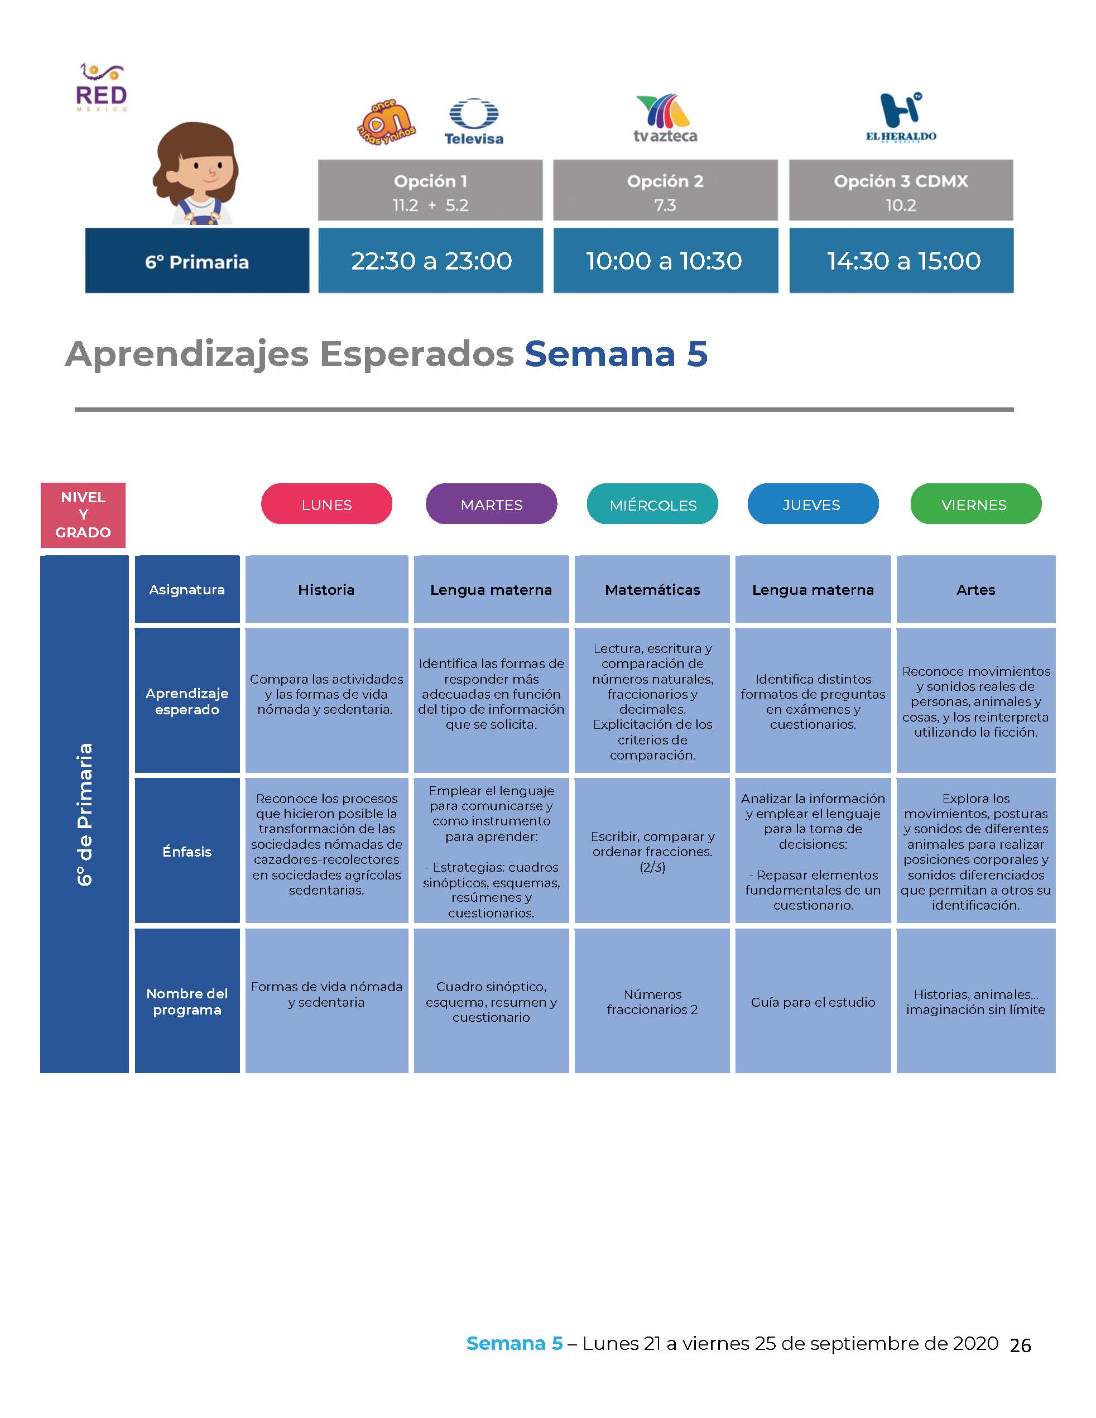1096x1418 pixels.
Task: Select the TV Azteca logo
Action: tap(665, 119)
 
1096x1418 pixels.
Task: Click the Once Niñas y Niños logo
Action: tap(387, 122)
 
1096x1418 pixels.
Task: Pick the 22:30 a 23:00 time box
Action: tap(430, 261)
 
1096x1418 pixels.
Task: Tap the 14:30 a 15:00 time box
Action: tap(901, 261)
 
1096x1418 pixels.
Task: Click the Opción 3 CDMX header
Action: tap(901, 190)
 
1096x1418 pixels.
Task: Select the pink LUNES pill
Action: tap(326, 504)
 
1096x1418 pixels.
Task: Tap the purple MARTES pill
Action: tap(492, 504)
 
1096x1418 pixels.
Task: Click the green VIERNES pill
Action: tap(976, 504)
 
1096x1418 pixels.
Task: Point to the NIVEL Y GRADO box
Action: tap(83, 515)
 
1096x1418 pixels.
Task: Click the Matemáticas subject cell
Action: tap(652, 589)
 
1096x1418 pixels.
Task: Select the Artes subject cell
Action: tap(976, 589)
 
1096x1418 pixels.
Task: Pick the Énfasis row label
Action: tap(187, 850)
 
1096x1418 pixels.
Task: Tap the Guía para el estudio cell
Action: tap(813, 1001)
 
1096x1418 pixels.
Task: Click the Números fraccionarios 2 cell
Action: tap(652, 1001)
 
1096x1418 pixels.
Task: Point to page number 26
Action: tap(1020, 1345)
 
